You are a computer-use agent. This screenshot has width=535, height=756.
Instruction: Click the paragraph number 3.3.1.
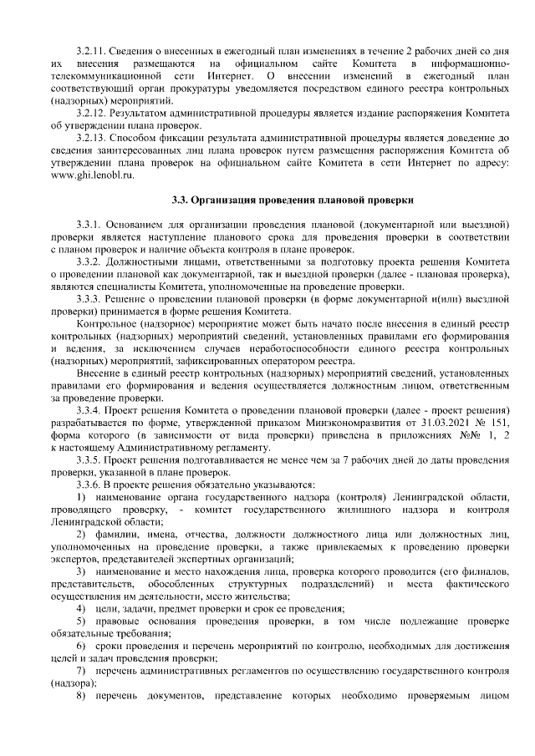pos(89,225)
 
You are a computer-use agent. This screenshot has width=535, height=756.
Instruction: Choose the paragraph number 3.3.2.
pos(89,261)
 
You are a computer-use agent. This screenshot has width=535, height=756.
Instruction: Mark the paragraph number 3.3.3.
pos(89,298)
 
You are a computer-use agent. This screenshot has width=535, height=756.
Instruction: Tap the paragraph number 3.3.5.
pos(89,459)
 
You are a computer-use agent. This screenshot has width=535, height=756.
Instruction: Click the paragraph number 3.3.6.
pos(89,484)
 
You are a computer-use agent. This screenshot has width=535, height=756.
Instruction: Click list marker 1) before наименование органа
pos(81,496)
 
